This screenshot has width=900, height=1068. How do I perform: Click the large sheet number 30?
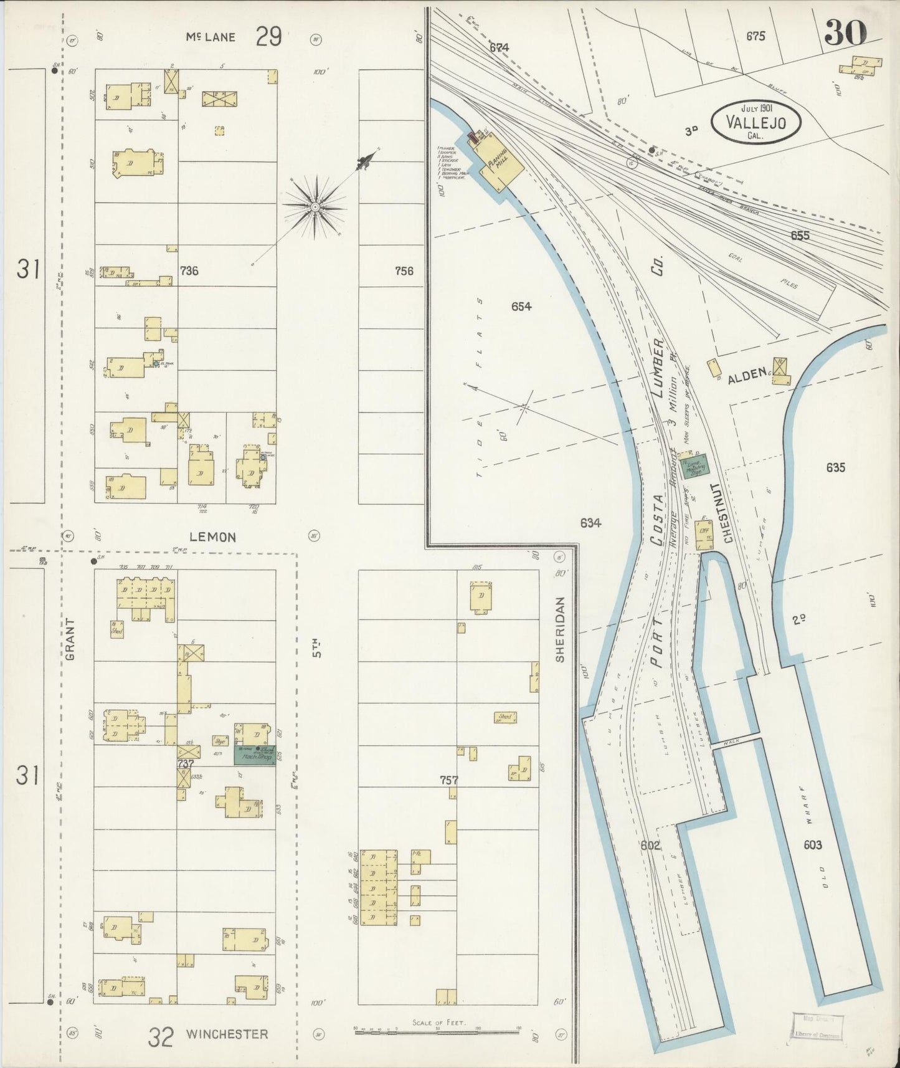846,32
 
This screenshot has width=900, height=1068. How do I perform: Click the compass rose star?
315,206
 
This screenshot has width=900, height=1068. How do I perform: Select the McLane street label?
211,37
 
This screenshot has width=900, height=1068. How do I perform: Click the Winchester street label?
227,1034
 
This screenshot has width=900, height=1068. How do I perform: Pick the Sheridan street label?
559,629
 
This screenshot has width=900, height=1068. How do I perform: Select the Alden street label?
746,374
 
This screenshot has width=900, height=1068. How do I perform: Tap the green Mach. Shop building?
255,755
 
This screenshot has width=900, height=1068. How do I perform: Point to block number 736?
189,270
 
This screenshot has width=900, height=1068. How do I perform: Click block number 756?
404,270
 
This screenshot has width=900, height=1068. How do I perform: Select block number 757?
450,780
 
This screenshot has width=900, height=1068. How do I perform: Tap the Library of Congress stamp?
817,1025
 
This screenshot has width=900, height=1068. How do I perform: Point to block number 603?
812,845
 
